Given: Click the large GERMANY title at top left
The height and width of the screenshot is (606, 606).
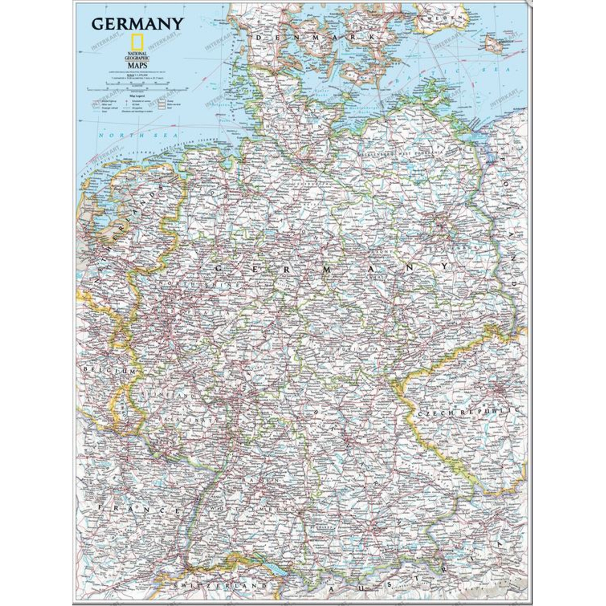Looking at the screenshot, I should (137, 24).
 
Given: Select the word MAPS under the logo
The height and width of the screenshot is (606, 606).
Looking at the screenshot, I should (137, 66).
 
